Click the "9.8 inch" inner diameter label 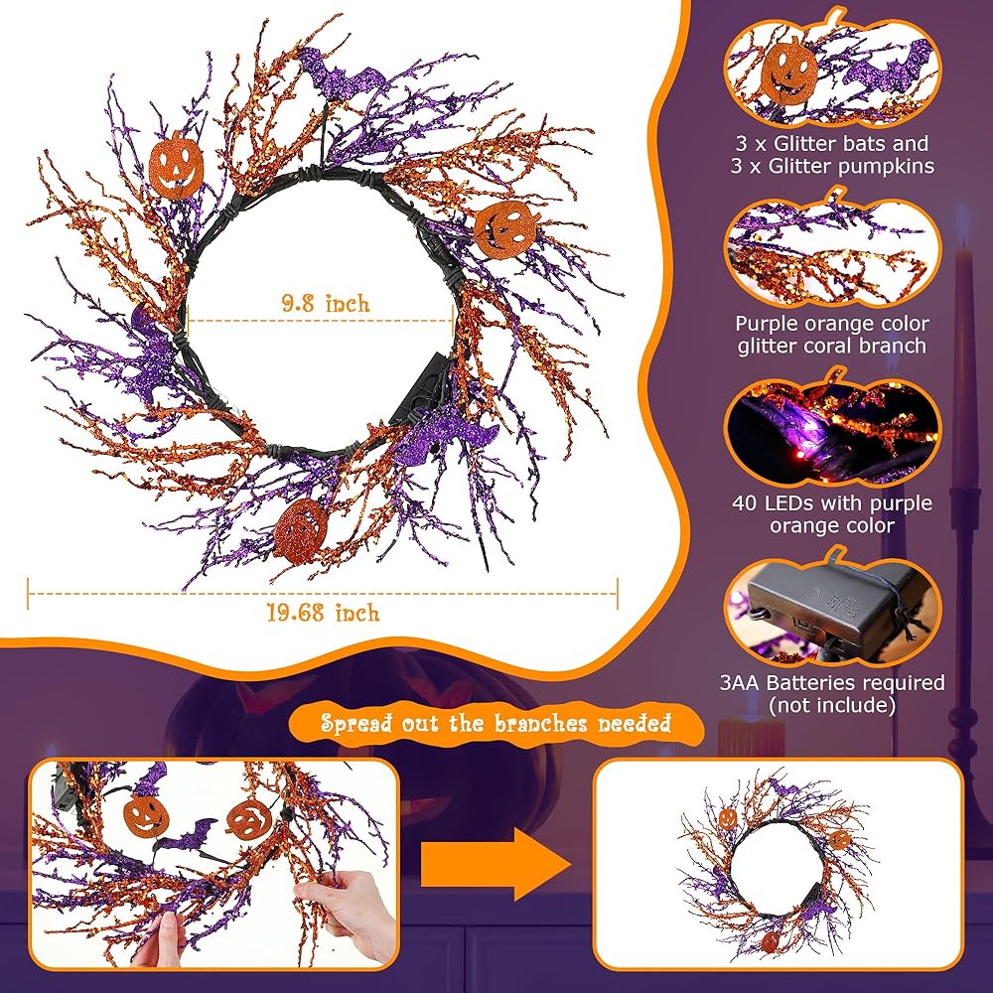(319, 303)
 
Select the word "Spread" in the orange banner (354, 723)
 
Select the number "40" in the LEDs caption (747, 503)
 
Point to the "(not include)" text (833, 705)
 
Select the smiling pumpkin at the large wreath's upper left (176, 164)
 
